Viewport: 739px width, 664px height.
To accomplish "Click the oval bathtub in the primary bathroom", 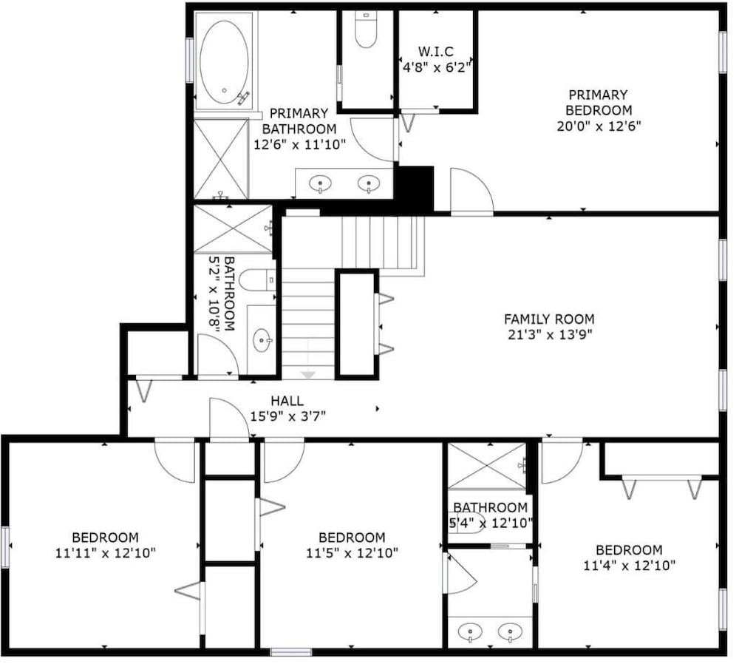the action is pos(224,62).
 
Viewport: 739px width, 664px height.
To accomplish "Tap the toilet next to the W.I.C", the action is pos(366,30).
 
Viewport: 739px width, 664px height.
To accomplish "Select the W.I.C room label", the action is pos(436,51).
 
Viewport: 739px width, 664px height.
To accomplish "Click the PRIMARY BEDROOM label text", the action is pos(599,102).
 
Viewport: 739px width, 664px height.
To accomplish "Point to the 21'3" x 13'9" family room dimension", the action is pos(550,335).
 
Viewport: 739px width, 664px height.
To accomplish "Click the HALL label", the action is pos(287,401).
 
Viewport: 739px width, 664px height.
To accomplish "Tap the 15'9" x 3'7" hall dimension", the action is pos(287,416).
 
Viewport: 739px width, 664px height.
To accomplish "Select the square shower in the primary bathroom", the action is pos(220,159).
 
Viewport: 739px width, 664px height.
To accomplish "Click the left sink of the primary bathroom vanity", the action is pos(320,183).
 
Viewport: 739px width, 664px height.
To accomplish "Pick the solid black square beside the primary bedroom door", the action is pos(414,188).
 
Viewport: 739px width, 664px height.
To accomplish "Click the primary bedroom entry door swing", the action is pos(472,191).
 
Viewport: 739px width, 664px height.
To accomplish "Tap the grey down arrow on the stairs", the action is pos(307,375).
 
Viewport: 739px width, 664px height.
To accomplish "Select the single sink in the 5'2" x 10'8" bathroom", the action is pos(262,339).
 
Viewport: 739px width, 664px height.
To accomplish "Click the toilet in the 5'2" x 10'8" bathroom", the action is pos(257,280).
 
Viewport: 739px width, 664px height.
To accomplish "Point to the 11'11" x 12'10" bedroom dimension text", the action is pos(106,552).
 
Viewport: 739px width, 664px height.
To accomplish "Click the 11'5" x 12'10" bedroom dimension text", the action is pos(352,552).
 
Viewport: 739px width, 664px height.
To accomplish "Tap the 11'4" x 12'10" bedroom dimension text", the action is pos(629,565).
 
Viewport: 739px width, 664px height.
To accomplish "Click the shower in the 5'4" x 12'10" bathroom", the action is pos(486,465).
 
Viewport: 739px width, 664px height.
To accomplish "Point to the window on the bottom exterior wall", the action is pos(290,652).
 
